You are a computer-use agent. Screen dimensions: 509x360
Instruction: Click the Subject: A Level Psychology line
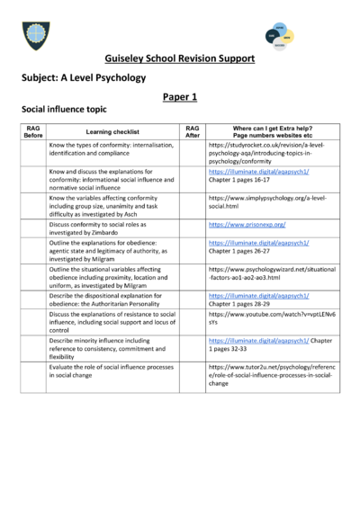tap(83, 77)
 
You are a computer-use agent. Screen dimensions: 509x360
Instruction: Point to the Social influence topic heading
tap(64, 108)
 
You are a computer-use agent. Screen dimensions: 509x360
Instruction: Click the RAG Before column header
tap(32, 132)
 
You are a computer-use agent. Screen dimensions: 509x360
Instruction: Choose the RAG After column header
tap(192, 131)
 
